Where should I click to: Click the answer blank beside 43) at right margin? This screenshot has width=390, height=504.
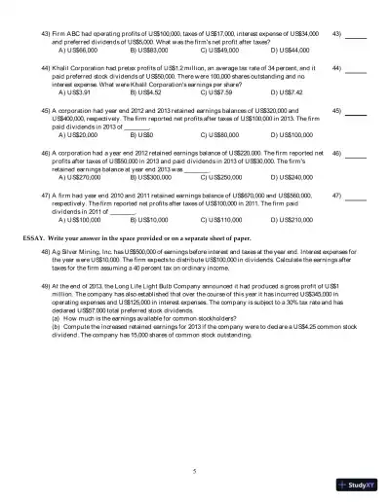pyautogui.click(x=356, y=36)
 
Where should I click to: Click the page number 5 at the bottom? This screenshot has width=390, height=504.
pyautogui.click(x=195, y=470)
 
